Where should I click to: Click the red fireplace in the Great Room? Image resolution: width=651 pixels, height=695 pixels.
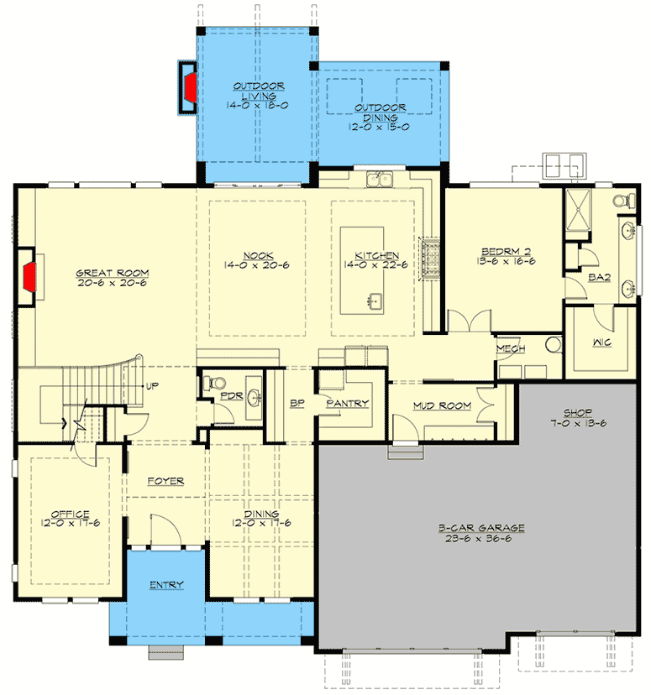point(30,276)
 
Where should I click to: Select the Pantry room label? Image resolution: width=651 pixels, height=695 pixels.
point(348,404)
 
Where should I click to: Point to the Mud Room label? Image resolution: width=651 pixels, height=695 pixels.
point(442,406)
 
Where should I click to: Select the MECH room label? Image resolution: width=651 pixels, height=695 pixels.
point(511,349)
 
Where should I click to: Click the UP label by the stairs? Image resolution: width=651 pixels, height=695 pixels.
point(154,387)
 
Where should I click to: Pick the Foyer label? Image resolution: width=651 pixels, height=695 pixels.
point(165,481)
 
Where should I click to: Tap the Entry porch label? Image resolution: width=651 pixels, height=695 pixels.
point(166,584)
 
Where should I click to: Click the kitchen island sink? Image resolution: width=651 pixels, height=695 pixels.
point(374,300)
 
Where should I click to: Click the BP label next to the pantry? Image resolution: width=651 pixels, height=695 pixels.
point(296,404)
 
